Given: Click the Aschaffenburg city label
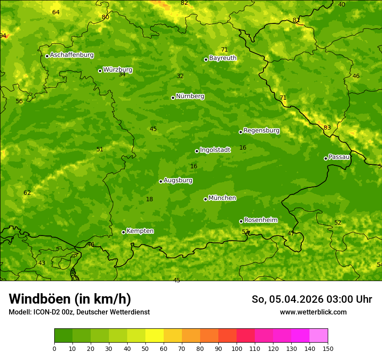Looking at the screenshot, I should (72, 55).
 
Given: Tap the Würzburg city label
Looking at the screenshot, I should (118, 70).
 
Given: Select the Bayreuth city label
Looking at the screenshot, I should (223, 58).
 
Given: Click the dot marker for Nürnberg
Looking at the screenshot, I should (173, 98).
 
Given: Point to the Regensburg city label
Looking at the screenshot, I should (261, 131).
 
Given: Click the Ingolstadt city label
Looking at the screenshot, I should (215, 150).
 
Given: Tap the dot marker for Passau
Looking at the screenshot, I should (326, 158).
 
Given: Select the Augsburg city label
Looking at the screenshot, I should (178, 180).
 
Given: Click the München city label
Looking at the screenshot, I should (222, 198).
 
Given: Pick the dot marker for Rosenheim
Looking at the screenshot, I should (241, 221).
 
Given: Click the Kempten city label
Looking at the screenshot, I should (140, 231).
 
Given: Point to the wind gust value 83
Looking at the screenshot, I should (327, 128).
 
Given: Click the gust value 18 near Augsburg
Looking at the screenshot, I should (149, 200).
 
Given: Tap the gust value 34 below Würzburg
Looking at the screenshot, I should (122, 75).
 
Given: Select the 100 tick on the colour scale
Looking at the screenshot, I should (237, 349).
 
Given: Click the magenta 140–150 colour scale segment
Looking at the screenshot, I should (319, 336).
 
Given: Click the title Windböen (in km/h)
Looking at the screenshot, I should (70, 299).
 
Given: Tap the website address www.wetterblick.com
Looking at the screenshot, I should (313, 312).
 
